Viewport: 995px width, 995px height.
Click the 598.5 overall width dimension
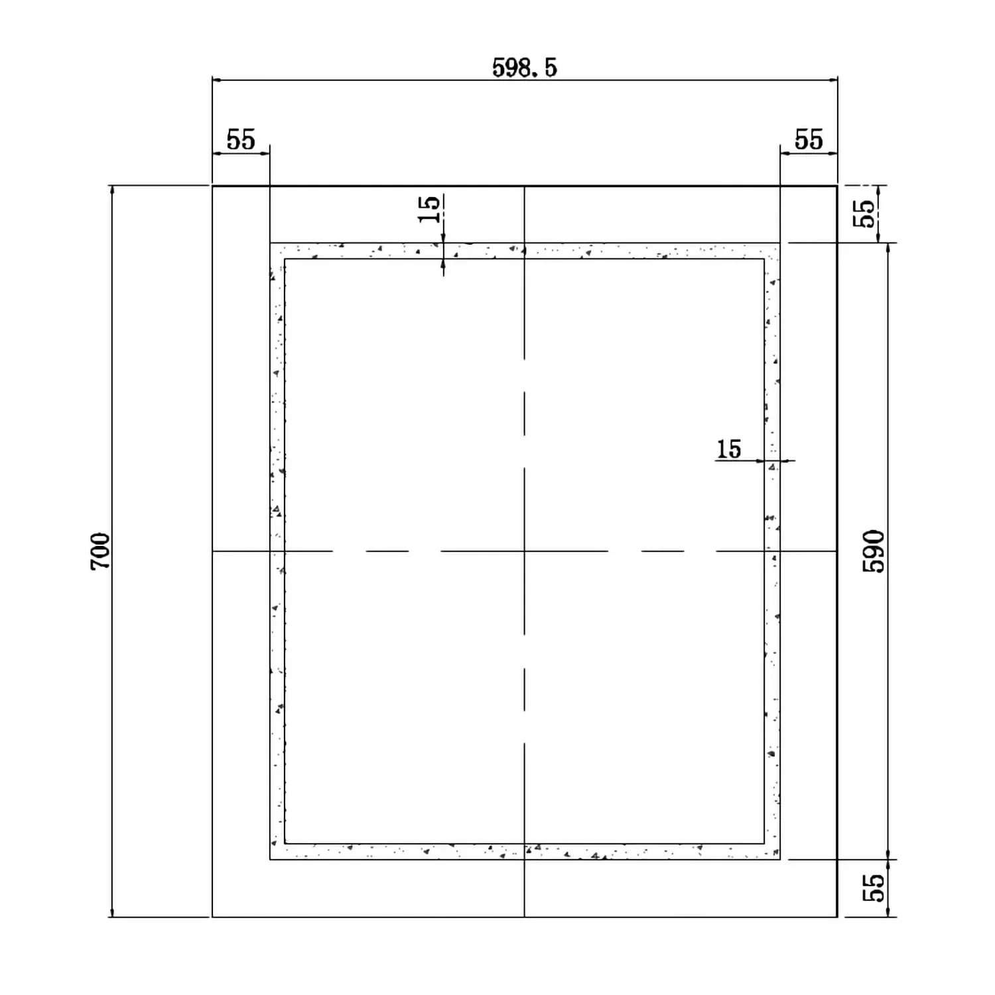524,68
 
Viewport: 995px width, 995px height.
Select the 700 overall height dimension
100,551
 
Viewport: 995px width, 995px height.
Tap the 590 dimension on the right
874,551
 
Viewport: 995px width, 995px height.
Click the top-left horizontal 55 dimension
241,140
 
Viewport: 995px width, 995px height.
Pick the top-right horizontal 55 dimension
809,140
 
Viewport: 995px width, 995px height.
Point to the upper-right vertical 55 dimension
864,214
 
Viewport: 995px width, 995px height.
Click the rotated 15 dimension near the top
429,209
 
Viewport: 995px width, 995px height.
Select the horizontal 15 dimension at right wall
728,449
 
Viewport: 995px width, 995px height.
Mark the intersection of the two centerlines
524,551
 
